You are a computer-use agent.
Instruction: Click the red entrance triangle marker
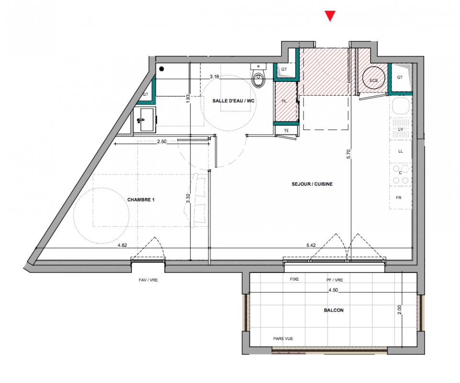coord(330,15)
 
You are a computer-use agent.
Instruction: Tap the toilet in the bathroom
coord(258,76)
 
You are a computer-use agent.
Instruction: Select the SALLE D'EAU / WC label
coord(234,101)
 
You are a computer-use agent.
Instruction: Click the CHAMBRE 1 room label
coord(141,200)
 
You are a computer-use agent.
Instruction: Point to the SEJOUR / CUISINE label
coord(312,184)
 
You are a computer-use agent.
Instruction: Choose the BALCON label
coord(334,310)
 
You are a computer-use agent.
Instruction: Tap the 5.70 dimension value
coord(349,154)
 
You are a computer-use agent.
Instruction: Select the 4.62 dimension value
coord(123,245)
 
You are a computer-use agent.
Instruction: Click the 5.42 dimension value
coord(311,245)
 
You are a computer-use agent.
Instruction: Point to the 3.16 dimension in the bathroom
coord(214,77)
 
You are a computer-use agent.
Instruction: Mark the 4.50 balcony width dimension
coord(333,290)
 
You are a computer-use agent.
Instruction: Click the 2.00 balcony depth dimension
coord(400,310)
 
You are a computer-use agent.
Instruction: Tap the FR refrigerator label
coord(398,198)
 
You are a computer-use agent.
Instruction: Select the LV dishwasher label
coord(401,129)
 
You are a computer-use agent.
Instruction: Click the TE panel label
coord(286,131)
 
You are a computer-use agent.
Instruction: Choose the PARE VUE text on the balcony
coord(283,338)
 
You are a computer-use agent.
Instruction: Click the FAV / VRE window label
coord(148,280)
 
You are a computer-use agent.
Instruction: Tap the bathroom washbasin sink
coord(145,120)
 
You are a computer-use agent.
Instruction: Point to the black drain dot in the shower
coord(161,69)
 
